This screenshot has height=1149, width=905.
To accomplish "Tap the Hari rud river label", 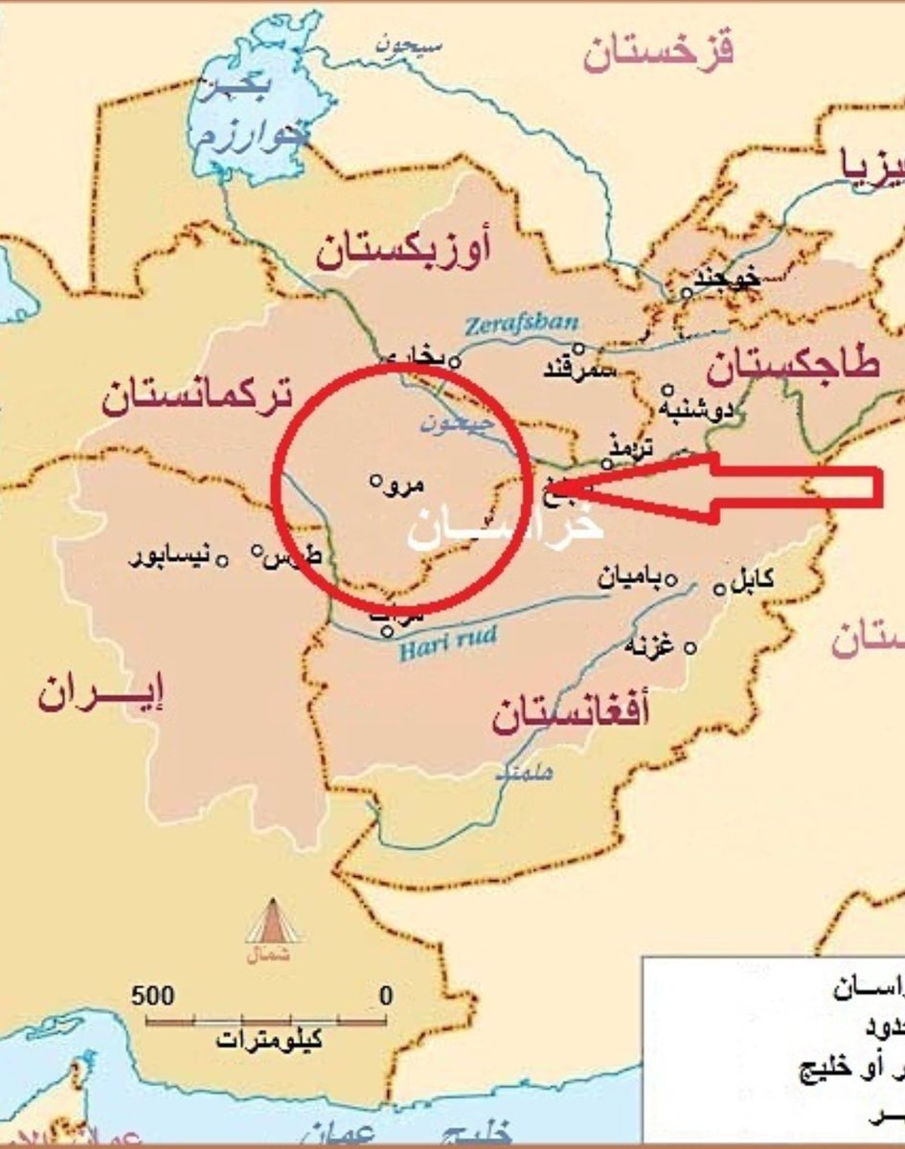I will pos(436,642).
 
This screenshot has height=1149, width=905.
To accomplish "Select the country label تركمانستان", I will pos(197,395).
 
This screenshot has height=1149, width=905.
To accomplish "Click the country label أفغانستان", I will pos(571,715).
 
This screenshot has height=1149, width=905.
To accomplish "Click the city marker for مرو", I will pos(376,481).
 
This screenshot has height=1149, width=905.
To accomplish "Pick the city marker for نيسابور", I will pos(221,559).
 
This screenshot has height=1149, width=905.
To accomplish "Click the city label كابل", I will pos(753,580).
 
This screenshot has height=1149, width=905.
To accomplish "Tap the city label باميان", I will pos(630,577).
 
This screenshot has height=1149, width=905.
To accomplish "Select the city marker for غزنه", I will pos(690,648).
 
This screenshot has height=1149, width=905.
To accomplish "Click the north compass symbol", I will pos(273,923).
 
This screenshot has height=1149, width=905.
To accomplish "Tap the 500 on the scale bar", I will pos(153,996).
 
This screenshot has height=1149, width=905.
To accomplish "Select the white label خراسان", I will pos(506,529).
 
